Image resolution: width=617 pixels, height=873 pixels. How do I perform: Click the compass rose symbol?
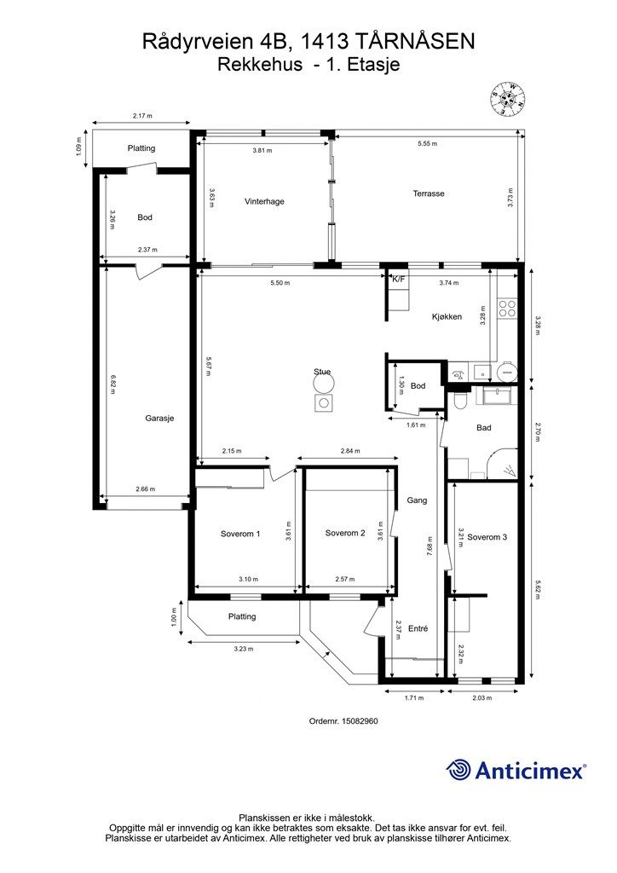pos(507,99)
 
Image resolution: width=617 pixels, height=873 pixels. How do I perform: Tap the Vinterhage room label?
pos(264,201)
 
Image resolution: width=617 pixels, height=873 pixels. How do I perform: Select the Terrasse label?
pos(429,194)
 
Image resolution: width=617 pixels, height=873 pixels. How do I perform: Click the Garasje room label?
pos(159,418)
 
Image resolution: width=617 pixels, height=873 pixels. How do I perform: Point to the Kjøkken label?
pos(447,317)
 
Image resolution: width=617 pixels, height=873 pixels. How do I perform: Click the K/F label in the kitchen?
pos(398,280)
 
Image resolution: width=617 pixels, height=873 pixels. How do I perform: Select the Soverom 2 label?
pos(345,533)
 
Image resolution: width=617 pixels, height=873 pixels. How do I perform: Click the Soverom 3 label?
pos(487,537)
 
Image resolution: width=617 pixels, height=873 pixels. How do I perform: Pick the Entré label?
pos(418,628)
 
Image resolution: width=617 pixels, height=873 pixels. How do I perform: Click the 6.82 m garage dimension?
pos(113,385)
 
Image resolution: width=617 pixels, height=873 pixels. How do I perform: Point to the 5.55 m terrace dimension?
pos(427,143)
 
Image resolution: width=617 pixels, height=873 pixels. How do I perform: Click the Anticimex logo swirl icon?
pos(458,770)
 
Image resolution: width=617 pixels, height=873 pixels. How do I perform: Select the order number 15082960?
pos(360,720)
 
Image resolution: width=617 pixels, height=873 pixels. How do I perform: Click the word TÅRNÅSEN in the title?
pos(414,42)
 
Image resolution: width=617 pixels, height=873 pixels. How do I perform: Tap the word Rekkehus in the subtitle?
pos(261,65)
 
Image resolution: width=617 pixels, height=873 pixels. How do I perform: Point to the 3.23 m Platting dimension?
pos(243,649)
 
